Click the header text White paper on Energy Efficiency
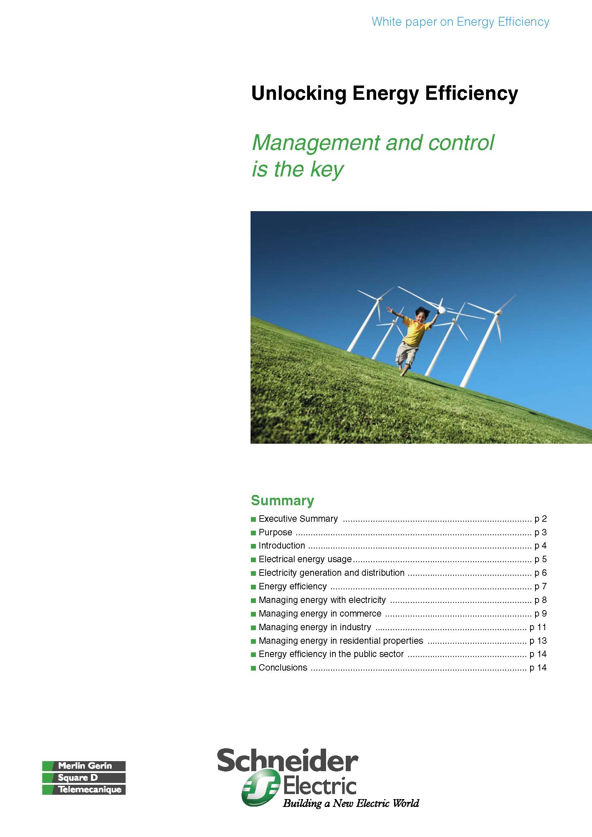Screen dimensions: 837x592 click(460, 22)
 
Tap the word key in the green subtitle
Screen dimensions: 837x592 click(327, 169)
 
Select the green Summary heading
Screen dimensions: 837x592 click(282, 501)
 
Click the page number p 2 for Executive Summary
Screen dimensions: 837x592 click(540, 519)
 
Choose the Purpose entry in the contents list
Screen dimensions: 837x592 click(275, 532)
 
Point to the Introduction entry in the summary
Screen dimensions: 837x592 click(282, 546)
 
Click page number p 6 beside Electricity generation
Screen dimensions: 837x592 click(540, 573)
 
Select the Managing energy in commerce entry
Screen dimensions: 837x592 click(320, 614)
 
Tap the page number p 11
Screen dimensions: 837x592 click(538, 627)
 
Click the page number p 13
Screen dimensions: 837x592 click(538, 641)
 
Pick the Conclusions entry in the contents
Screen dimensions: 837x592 click(283, 667)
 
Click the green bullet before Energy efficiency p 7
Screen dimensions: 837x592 click(253, 587)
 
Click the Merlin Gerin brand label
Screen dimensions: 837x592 click(84, 766)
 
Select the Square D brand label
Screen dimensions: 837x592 click(78, 778)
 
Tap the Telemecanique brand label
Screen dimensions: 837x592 click(90, 790)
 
